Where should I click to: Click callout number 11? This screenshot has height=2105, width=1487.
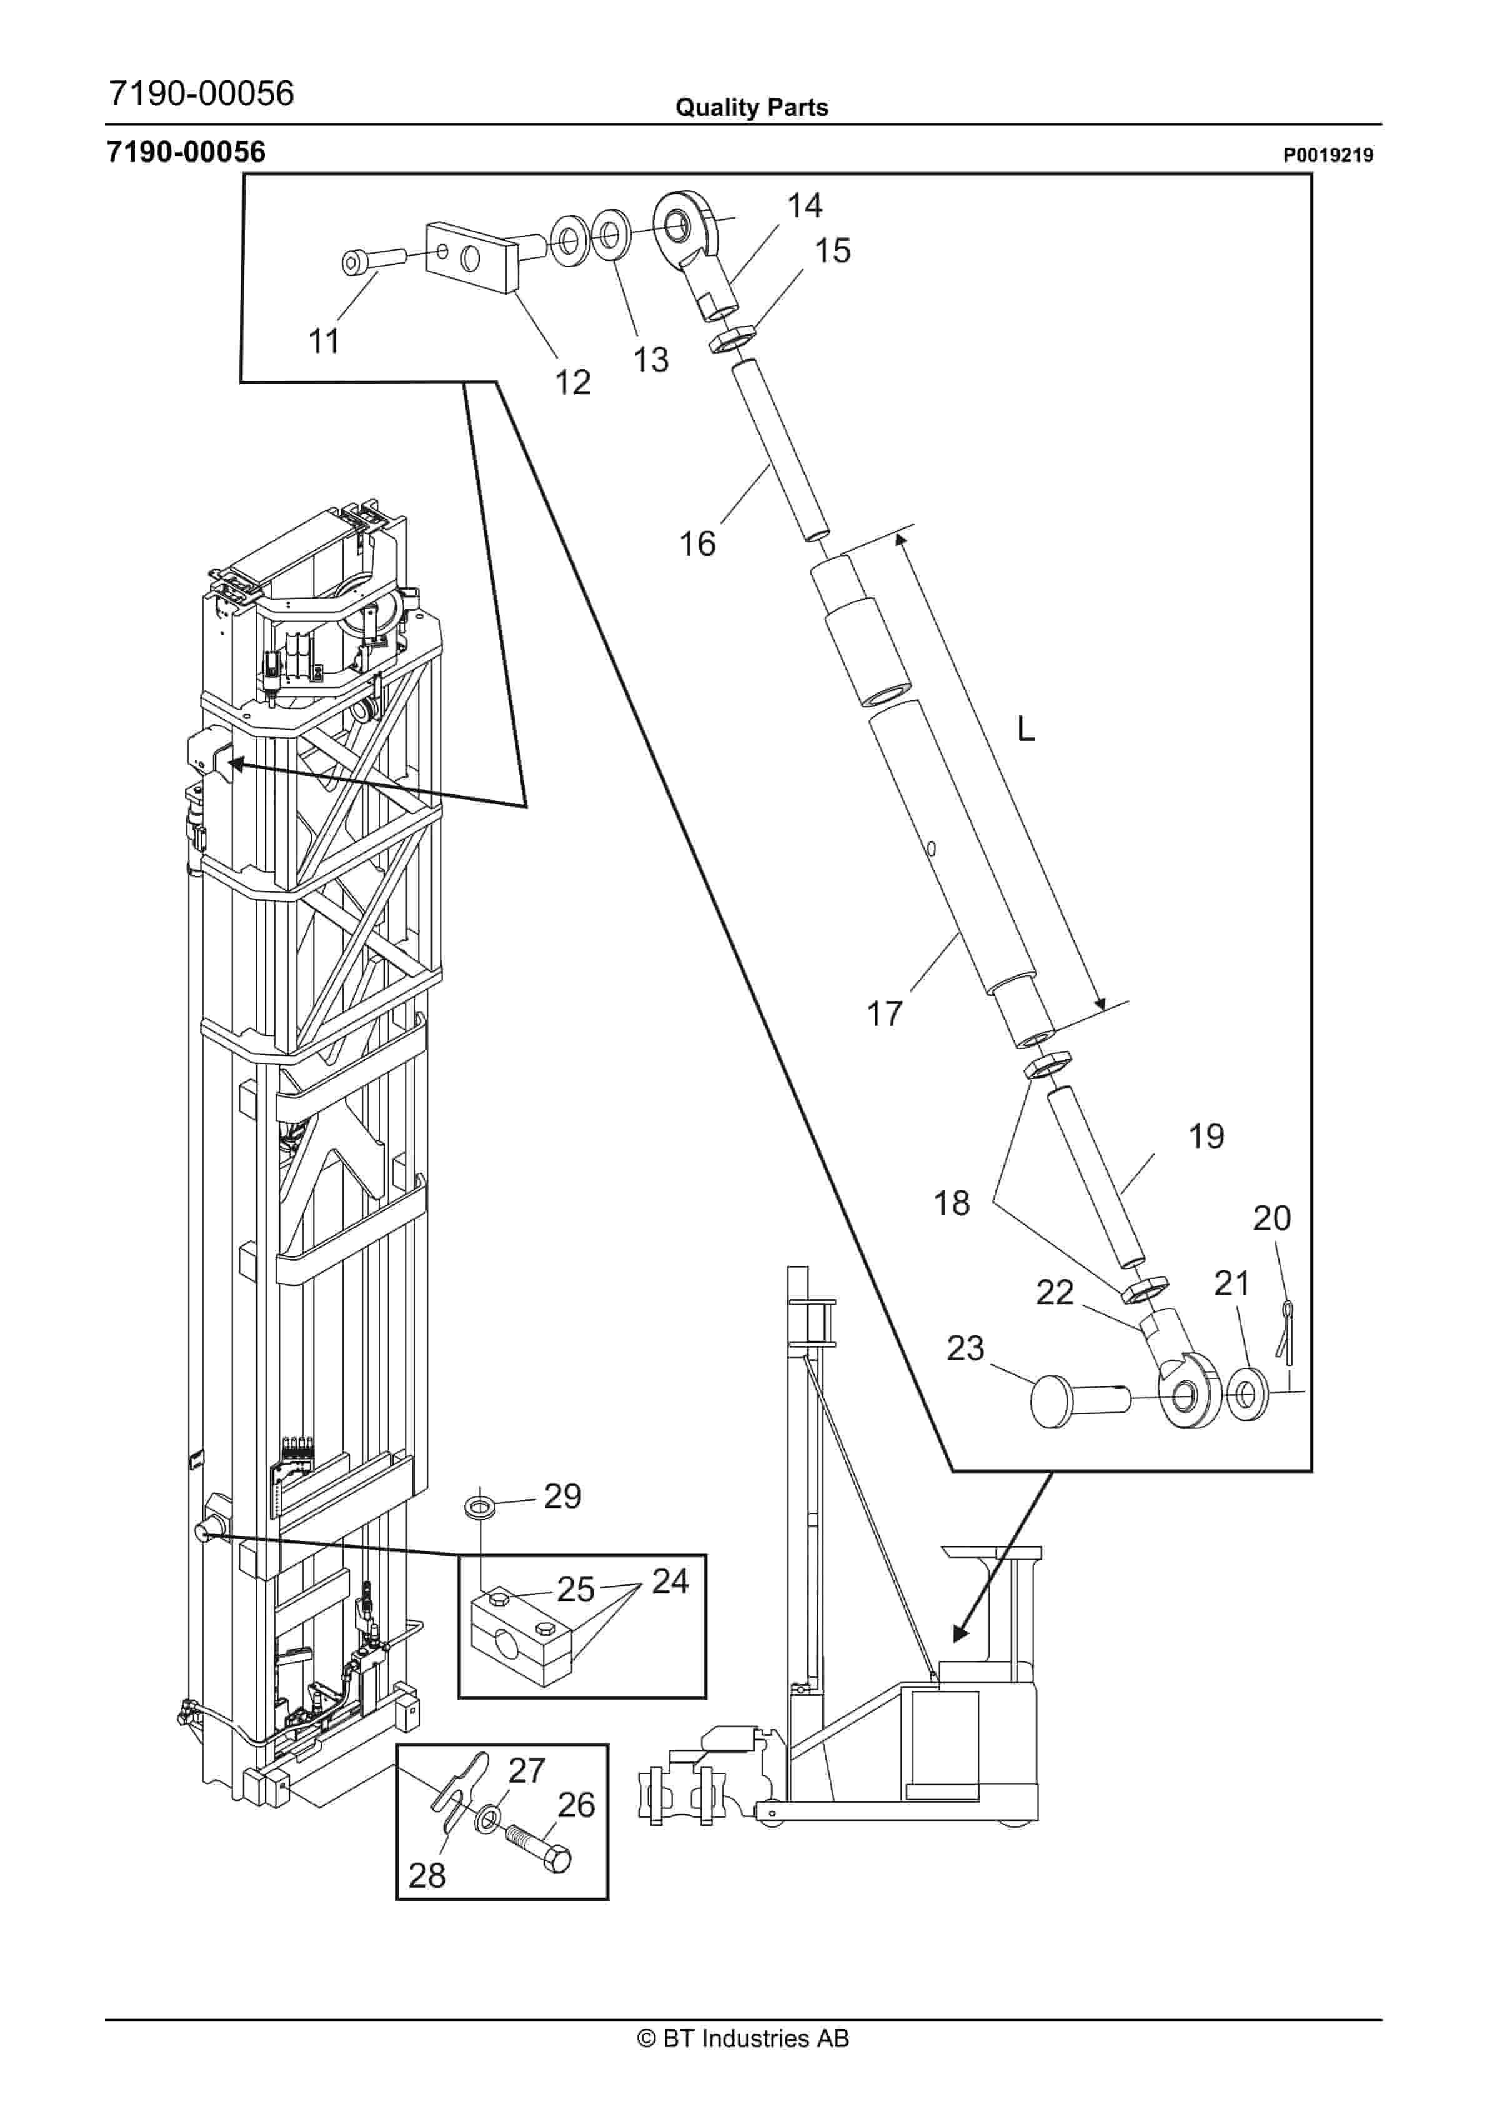324,341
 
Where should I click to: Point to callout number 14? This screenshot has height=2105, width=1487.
804,206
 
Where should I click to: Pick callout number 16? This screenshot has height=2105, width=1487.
697,544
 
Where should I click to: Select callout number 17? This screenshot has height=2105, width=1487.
885,1014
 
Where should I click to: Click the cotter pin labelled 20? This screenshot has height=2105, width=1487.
1285,1330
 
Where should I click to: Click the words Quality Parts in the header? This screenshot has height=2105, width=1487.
751,107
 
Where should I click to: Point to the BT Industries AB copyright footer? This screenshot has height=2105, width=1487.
743,2039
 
